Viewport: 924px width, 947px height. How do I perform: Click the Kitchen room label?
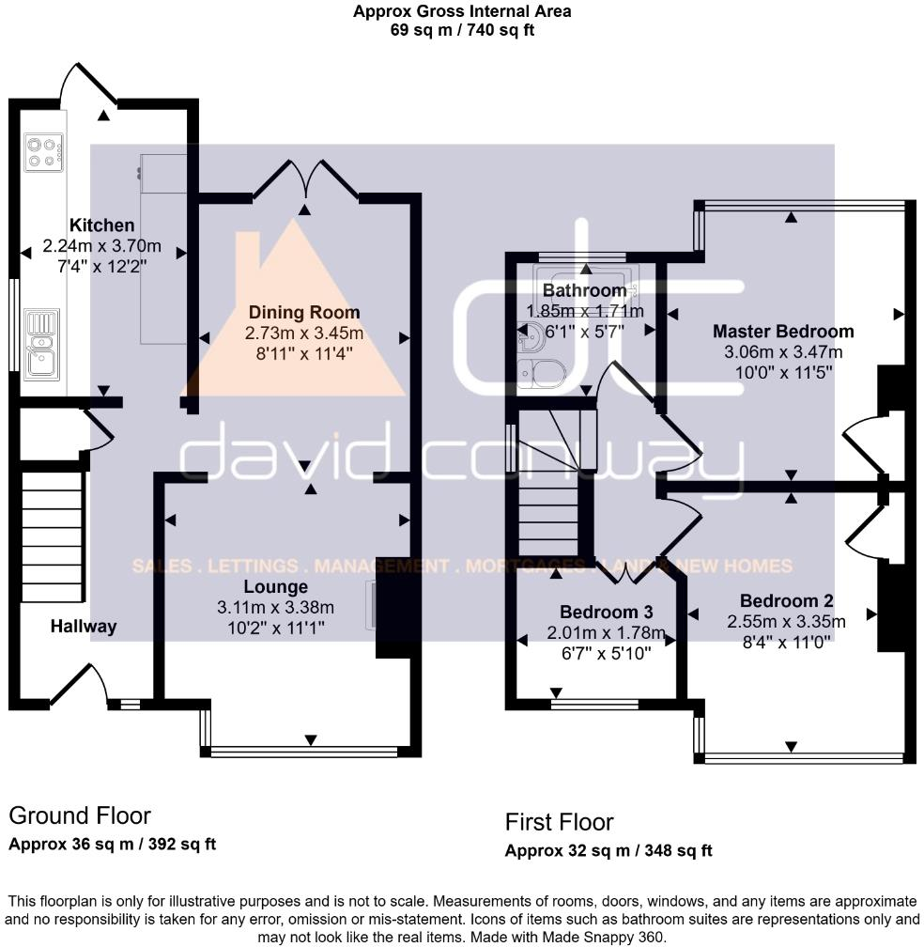[x=102, y=225]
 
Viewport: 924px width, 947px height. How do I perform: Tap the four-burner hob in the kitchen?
[x=43, y=152]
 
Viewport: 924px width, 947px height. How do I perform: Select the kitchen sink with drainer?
[x=41, y=344]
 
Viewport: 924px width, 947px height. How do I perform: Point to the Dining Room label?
[x=304, y=312]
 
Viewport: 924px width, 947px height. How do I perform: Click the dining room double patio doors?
[x=305, y=179]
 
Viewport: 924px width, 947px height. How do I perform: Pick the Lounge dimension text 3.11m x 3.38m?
[x=275, y=608]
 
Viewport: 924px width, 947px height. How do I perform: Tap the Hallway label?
[x=84, y=627]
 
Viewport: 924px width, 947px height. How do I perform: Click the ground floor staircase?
[x=52, y=537]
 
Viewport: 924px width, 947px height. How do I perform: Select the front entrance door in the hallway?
[x=79, y=685]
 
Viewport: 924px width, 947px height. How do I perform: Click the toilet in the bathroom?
[x=540, y=373]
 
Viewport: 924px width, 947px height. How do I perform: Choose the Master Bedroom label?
[x=783, y=332]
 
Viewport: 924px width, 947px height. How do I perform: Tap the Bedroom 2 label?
[x=786, y=601]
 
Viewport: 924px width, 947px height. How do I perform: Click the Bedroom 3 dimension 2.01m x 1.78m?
[x=606, y=633]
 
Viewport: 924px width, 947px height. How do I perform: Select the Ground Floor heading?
[x=80, y=815]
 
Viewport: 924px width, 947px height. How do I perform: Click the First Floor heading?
[x=559, y=823]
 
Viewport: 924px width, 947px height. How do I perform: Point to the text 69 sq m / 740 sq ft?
[x=462, y=30]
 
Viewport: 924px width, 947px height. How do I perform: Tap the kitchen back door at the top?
[x=88, y=85]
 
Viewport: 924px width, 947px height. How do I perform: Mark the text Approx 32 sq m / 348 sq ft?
[x=608, y=851]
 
